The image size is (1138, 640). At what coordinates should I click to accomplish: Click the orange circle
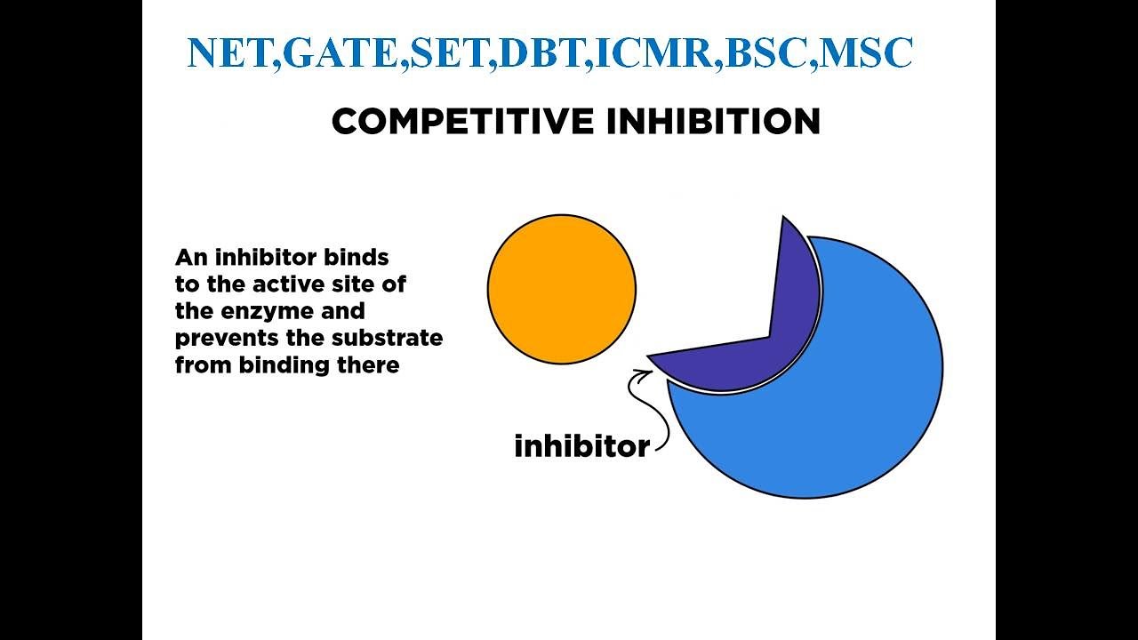[562, 289]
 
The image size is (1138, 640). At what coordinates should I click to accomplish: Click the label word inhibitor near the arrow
[581, 445]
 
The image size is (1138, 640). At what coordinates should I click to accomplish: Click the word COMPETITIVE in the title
[463, 122]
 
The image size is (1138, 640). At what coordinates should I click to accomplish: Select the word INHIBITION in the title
[713, 122]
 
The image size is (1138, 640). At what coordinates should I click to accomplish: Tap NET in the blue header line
[230, 54]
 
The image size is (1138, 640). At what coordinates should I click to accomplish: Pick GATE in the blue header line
[342, 54]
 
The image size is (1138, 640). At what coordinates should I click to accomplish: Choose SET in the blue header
[450, 54]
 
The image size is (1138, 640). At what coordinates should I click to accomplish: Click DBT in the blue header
[541, 54]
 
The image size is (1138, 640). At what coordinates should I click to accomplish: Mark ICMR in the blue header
[654, 54]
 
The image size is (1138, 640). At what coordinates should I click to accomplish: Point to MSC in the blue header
[866, 54]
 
